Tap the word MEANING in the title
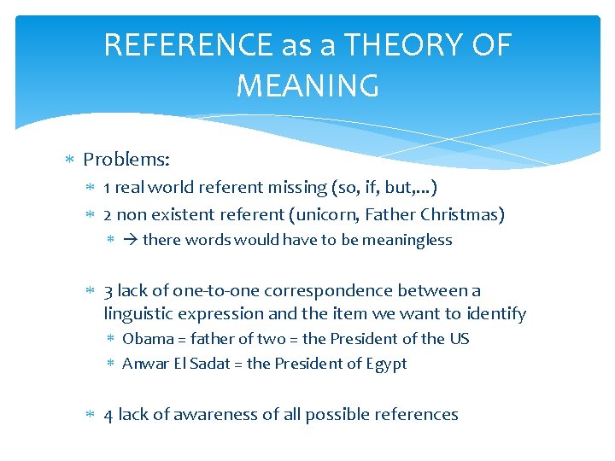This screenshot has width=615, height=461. (x=307, y=85)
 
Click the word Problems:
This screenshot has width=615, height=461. (x=126, y=160)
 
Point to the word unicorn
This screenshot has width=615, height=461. (x=325, y=214)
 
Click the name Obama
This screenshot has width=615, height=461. (x=149, y=339)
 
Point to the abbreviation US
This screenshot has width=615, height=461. (x=459, y=339)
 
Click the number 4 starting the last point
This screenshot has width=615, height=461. (x=108, y=415)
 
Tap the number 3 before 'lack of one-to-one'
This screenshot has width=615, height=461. (x=108, y=291)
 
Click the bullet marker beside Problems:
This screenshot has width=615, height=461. (x=71, y=160)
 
